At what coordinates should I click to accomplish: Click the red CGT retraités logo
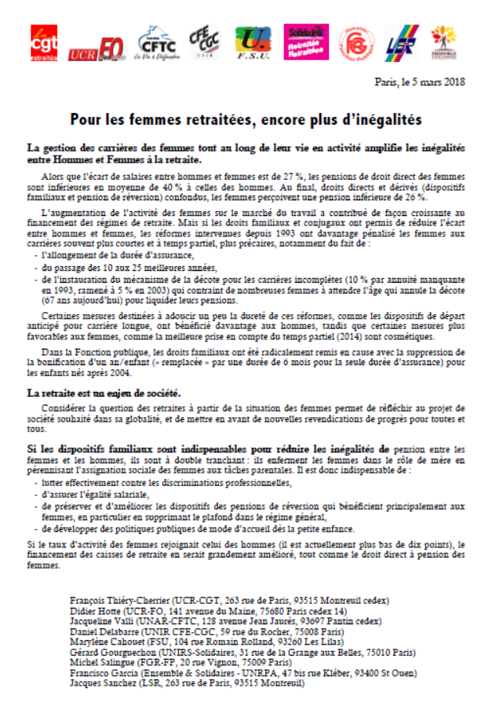(44, 44)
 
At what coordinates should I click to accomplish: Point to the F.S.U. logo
(251, 43)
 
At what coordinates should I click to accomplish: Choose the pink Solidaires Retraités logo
(304, 42)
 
